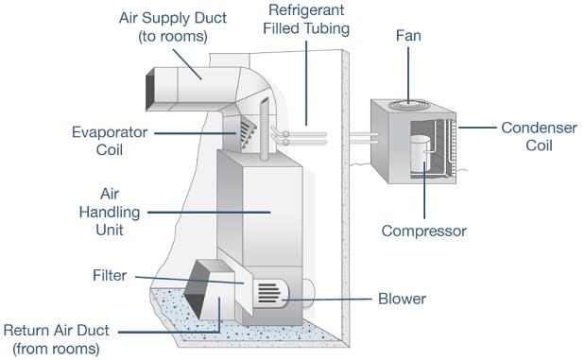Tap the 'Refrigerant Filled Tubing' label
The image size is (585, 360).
[x=306, y=20]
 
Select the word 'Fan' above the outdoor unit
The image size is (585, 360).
[x=408, y=36]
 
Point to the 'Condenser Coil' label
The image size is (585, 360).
[x=539, y=137]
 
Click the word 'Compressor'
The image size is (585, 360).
[x=423, y=231]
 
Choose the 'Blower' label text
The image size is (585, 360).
[x=402, y=299]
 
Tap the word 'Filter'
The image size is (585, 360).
[x=110, y=276]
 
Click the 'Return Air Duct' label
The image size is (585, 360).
[x=57, y=339]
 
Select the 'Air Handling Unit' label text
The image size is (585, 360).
[x=110, y=212]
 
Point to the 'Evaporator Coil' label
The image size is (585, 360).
[x=110, y=141]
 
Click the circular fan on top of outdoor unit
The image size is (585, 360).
[x=409, y=105]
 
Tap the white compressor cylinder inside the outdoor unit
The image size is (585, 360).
[x=421, y=153]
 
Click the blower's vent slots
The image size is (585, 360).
[x=269, y=293]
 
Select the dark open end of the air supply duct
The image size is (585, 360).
[x=150, y=89]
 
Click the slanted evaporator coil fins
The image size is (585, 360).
[x=248, y=133]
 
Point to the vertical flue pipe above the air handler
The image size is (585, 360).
[x=264, y=129]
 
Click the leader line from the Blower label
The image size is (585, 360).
[x=327, y=300]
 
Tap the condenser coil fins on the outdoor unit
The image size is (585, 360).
[x=453, y=147]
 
